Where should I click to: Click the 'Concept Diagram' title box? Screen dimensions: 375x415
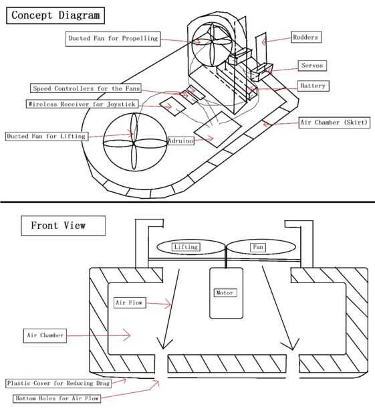[x=55, y=15]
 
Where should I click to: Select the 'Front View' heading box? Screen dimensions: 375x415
[x=63, y=226]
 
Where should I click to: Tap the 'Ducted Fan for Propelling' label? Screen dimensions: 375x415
[x=113, y=39]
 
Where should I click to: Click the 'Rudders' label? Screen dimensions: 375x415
[x=305, y=37]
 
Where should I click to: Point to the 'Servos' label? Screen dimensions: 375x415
[x=312, y=66]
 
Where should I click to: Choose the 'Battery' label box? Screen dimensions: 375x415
[x=313, y=86]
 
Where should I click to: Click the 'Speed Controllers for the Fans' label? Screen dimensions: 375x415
[x=86, y=88]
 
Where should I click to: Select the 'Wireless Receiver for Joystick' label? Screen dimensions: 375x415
[x=82, y=104]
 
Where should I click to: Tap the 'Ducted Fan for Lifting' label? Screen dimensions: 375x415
[x=47, y=137]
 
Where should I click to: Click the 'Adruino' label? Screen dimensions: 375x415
[x=181, y=141]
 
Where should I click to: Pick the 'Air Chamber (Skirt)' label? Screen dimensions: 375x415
[x=334, y=122]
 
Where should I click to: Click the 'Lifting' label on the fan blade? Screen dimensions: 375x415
[x=186, y=247]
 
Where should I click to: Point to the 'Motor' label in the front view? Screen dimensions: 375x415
[x=225, y=293]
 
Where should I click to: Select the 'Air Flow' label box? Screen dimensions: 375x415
[x=130, y=303]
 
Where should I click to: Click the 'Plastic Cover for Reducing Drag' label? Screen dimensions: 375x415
[x=58, y=384]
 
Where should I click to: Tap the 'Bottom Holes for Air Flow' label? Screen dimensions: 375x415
[x=57, y=398]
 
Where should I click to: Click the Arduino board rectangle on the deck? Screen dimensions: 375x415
[x=217, y=129]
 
